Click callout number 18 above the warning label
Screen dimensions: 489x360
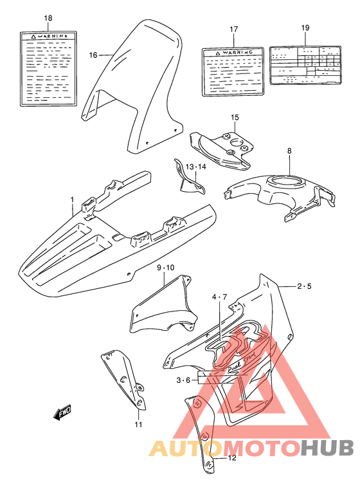(48, 18)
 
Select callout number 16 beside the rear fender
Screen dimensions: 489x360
(93, 55)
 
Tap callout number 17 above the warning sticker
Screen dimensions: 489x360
(233, 30)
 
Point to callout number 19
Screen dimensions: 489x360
(305, 28)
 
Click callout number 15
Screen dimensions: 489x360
(235, 117)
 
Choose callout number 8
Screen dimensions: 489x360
(289, 151)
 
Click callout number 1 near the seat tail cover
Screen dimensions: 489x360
(73, 200)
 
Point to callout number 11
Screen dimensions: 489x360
(138, 425)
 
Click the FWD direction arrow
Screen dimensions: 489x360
(62, 413)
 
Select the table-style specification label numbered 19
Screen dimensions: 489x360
(305, 65)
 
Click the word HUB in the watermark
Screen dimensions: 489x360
(328, 448)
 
